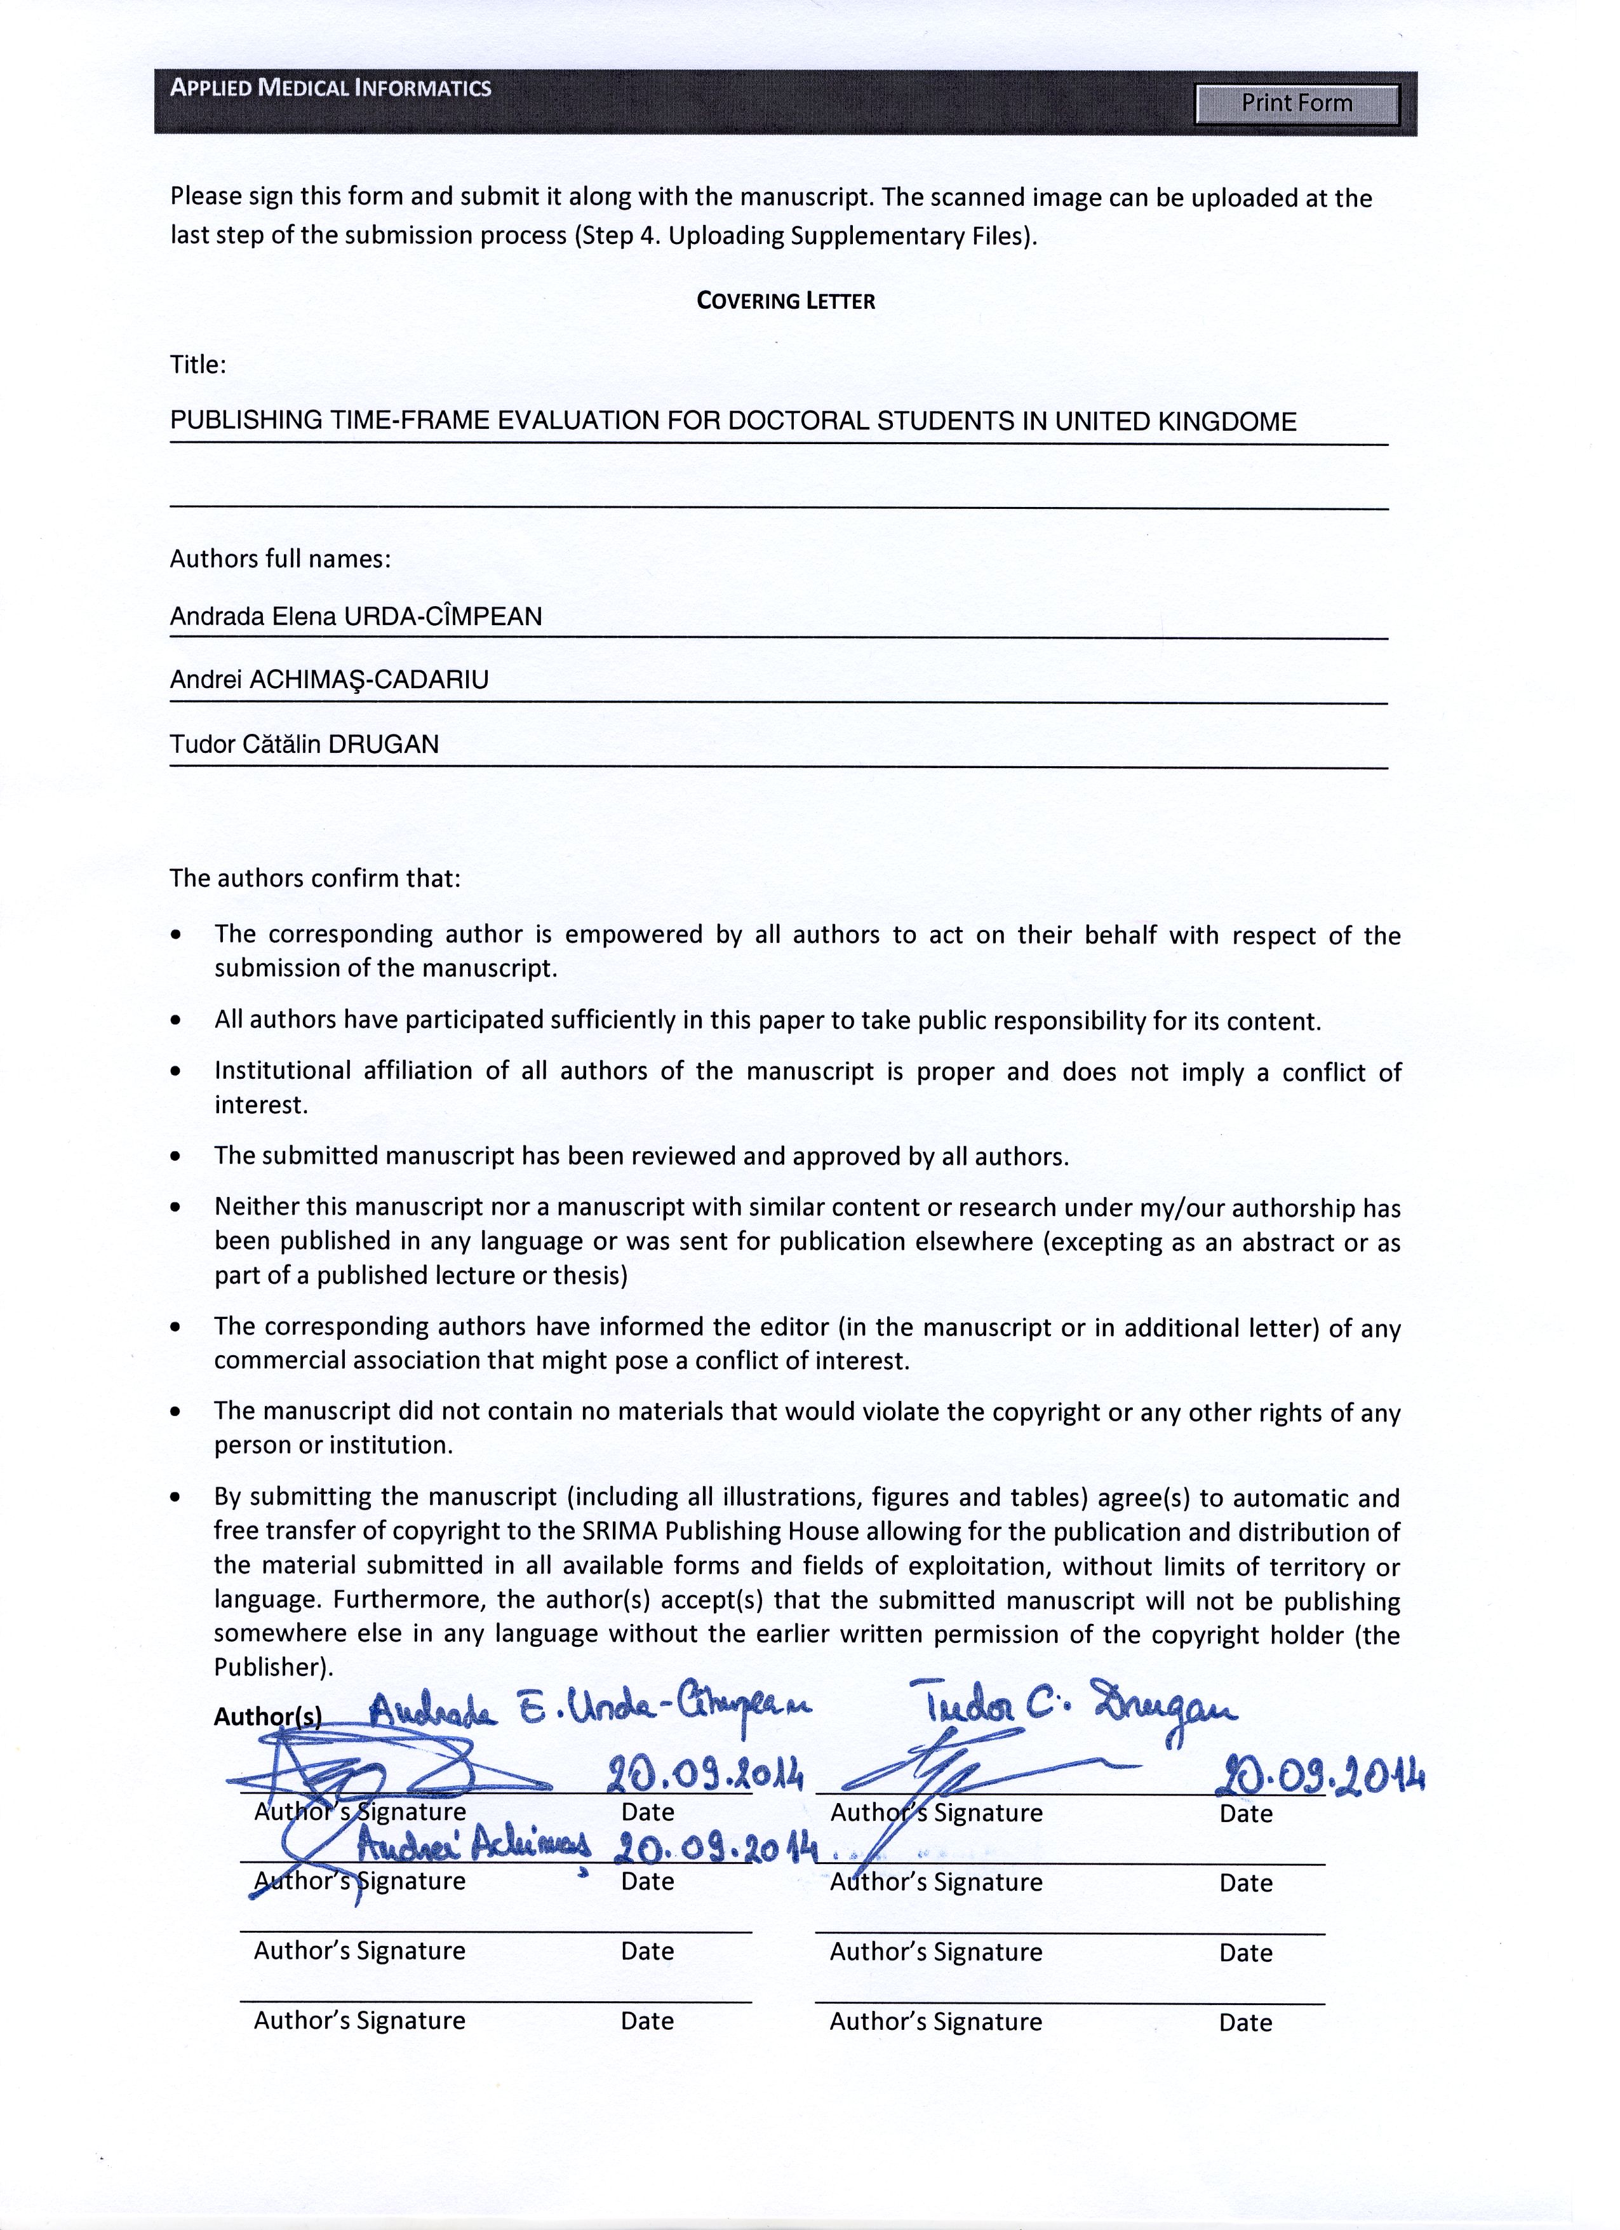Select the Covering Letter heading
pyautogui.click(x=786, y=301)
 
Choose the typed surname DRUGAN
pyautogui.click(x=384, y=745)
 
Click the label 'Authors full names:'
pyautogui.click(x=280, y=560)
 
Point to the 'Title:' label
pyautogui.click(x=197, y=365)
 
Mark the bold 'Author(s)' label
pyautogui.click(x=267, y=1717)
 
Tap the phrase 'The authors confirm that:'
pyautogui.click(x=314, y=878)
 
